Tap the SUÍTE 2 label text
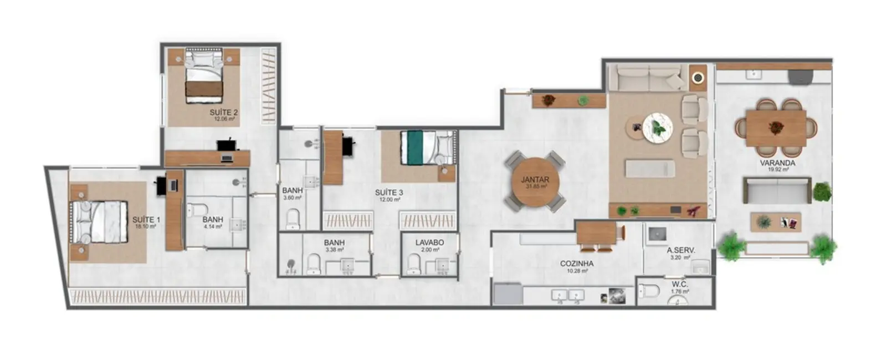[223, 112]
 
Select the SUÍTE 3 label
[389, 193]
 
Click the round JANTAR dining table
[535, 182]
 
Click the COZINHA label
[576, 264]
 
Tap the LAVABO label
[429, 243]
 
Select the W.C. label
[679, 285]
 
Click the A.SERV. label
[680, 250]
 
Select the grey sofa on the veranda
[777, 191]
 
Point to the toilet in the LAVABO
[414, 264]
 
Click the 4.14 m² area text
[212, 227]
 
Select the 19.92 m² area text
[778, 170]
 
